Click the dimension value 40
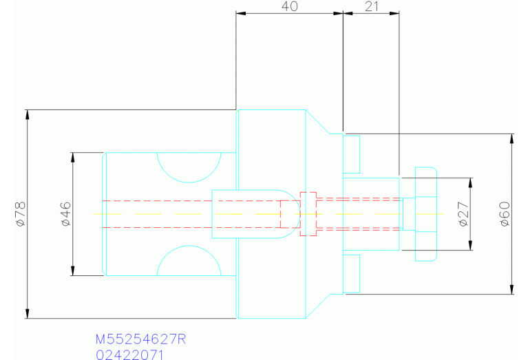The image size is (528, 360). (x=290, y=6)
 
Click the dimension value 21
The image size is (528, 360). (x=372, y=6)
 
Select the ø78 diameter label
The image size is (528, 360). (x=20, y=214)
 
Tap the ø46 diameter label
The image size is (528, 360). (x=66, y=214)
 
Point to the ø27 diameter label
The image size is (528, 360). (x=464, y=214)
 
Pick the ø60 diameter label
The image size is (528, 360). (x=505, y=214)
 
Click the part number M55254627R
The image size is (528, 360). (x=140, y=339)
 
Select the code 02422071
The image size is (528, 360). (x=129, y=354)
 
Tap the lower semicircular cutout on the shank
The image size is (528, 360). (x=189, y=246)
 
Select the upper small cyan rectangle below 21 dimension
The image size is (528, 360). (x=351, y=154)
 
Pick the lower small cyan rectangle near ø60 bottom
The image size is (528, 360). (x=351, y=273)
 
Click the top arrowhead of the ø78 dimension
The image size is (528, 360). (x=28, y=114)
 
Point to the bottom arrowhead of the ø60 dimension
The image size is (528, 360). (x=512, y=289)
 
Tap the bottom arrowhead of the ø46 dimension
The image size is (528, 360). (x=72, y=271)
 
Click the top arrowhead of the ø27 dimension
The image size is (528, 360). (x=470, y=182)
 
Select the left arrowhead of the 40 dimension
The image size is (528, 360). (x=241, y=14)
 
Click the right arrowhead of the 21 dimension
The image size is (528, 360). (x=394, y=14)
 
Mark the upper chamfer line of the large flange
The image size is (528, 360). (x=317, y=122)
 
